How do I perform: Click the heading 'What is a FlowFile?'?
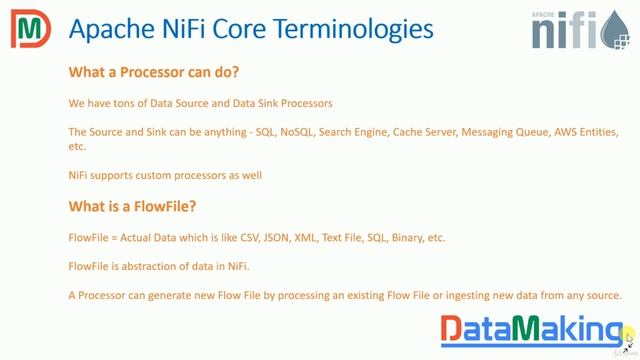(131, 207)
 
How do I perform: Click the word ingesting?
(454, 295)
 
